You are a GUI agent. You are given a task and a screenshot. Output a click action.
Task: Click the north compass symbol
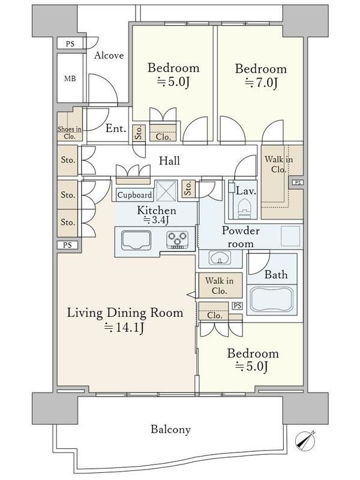click(x=305, y=441)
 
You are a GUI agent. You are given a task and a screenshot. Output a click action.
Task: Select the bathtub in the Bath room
click(x=272, y=299)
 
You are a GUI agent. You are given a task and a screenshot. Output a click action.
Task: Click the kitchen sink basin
click(x=136, y=241)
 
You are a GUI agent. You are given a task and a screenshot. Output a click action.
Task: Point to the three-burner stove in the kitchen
click(x=177, y=239)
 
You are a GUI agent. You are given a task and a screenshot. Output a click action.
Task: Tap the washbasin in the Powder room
click(x=220, y=257)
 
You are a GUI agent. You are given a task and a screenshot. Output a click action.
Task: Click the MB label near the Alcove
click(x=70, y=79)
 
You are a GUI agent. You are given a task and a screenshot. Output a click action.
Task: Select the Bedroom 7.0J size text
click(x=261, y=83)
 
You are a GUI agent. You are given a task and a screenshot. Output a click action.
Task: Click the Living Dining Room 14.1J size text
click(x=124, y=327)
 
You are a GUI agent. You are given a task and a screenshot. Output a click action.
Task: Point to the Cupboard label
click(x=134, y=195)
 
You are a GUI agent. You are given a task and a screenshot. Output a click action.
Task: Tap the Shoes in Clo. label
click(x=70, y=133)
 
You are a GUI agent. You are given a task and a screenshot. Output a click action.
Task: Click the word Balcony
click(x=170, y=430)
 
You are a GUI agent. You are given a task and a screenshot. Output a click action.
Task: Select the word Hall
click(x=169, y=161)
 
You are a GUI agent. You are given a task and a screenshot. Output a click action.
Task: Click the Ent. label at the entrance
click(x=116, y=128)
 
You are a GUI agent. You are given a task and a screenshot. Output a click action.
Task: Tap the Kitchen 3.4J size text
click(x=157, y=220)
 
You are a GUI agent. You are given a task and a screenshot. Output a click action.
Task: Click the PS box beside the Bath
click(x=237, y=306)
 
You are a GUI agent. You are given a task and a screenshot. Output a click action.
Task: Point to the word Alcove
click(x=109, y=55)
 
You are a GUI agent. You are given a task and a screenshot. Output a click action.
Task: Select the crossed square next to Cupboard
click(x=166, y=191)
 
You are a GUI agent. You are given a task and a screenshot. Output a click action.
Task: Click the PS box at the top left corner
click(x=70, y=44)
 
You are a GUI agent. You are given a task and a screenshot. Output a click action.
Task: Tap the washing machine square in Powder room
click(x=290, y=236)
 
